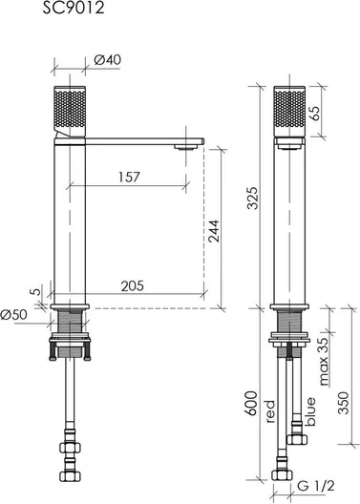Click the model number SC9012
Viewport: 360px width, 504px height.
[x=74, y=8]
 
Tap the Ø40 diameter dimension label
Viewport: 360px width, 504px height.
[x=108, y=59]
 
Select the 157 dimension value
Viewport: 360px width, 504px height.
[x=129, y=178]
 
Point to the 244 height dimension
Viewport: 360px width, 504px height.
[x=214, y=231]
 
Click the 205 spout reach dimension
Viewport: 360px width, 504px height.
[x=133, y=285]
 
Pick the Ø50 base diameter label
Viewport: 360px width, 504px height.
[x=13, y=315]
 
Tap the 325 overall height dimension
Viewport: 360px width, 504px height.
[x=252, y=198]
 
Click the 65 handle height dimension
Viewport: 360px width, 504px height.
[x=315, y=114]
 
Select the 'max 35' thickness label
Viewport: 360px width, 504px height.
[x=324, y=361]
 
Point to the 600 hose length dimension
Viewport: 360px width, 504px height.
[x=252, y=403]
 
